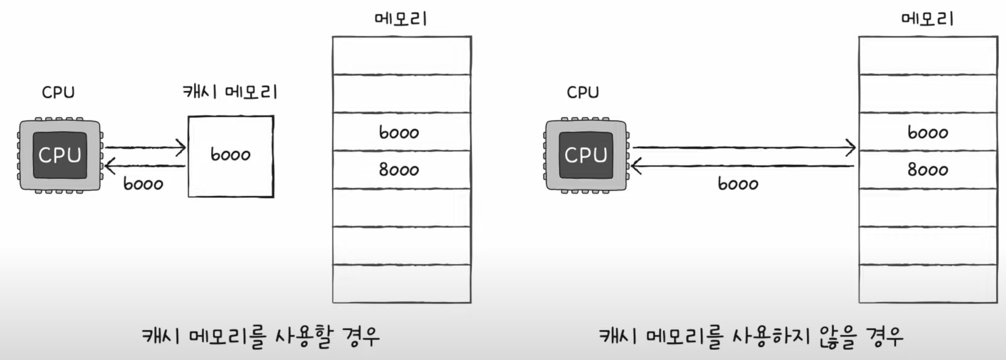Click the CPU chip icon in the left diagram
click(x=60, y=156)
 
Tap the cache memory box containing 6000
click(x=231, y=156)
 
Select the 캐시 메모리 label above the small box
click(x=230, y=92)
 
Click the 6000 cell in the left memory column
click(x=400, y=132)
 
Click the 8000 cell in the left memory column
click(x=400, y=170)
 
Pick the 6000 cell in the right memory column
click(x=928, y=132)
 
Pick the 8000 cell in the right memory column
click(x=928, y=170)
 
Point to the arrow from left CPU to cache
click(x=145, y=147)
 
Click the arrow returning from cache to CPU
click(x=145, y=165)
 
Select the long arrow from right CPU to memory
click(x=744, y=147)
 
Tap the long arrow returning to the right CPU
click(x=744, y=165)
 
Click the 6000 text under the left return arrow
click(x=143, y=184)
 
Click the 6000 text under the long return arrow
click(x=738, y=184)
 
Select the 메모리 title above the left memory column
click(x=400, y=19)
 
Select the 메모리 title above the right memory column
click(x=927, y=19)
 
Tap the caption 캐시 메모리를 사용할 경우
click(x=261, y=336)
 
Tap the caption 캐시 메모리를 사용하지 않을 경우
click(x=751, y=336)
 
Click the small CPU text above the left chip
click(x=58, y=93)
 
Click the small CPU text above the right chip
click(x=583, y=93)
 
